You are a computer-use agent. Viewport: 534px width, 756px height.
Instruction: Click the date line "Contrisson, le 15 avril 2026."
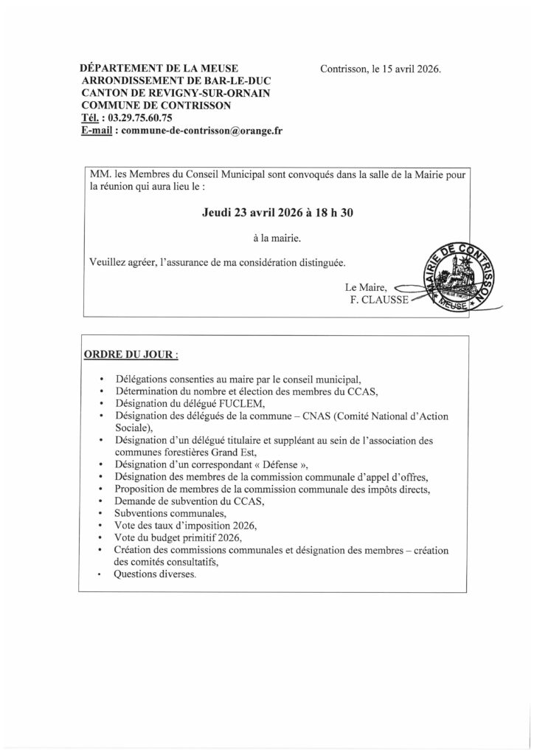[381, 70]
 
